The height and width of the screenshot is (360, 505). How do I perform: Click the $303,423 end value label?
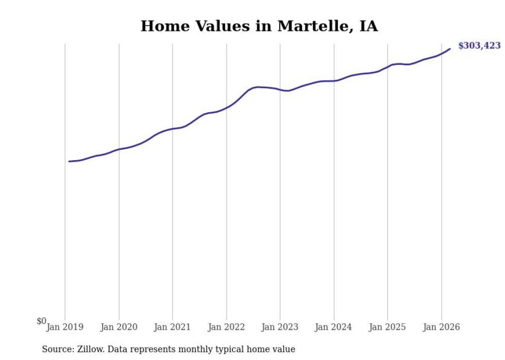pyautogui.click(x=479, y=46)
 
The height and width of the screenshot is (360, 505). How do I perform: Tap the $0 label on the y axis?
pyautogui.click(x=41, y=321)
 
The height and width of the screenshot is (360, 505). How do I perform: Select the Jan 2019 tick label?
pyautogui.click(x=65, y=327)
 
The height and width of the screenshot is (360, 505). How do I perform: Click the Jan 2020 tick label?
pyautogui.click(x=119, y=327)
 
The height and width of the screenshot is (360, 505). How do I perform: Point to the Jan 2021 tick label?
pyautogui.click(x=173, y=327)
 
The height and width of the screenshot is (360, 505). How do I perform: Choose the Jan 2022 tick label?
pyautogui.click(x=226, y=327)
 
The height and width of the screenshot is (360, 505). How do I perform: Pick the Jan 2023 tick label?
pyautogui.click(x=280, y=327)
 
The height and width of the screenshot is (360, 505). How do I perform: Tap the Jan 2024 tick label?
pyautogui.click(x=334, y=327)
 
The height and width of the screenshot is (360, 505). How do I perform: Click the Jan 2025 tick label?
pyautogui.click(x=388, y=327)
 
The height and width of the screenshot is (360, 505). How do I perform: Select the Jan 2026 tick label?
pyautogui.click(x=441, y=327)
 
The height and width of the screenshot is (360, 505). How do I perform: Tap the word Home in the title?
pyautogui.click(x=161, y=26)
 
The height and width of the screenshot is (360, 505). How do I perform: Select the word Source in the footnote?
pyautogui.click(x=55, y=350)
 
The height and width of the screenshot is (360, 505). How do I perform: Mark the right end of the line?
pyautogui.click(x=450, y=49)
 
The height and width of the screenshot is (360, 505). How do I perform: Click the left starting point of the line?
pyautogui.click(x=69, y=161)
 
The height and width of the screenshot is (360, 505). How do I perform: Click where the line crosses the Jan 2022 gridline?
pyautogui.click(x=226, y=108)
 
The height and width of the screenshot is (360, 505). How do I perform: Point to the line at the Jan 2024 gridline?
pyautogui.click(x=334, y=81)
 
